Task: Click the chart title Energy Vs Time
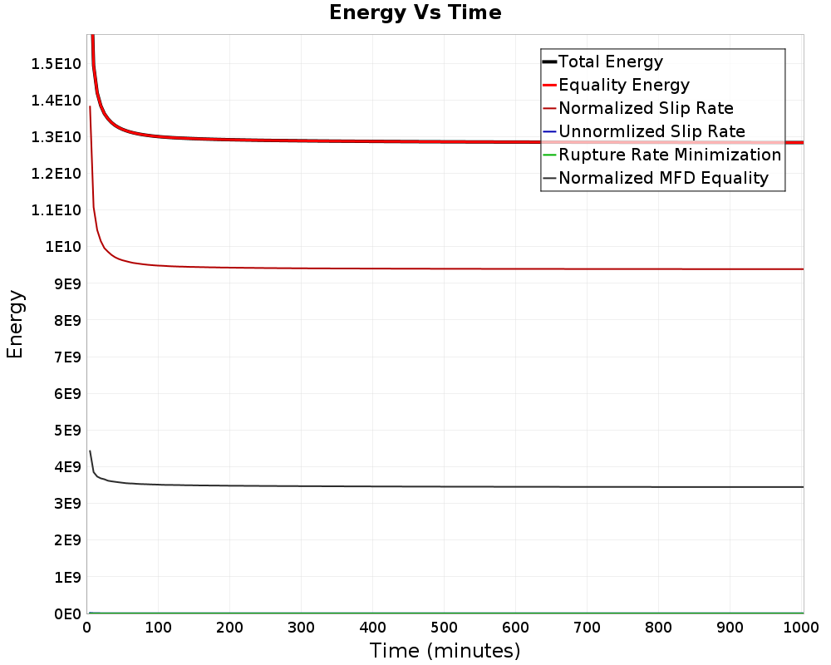pos(415,12)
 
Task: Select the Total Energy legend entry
pos(611,62)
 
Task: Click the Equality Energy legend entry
pos(623,85)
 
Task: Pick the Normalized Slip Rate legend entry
pos(646,108)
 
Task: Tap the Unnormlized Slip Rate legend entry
pos(652,131)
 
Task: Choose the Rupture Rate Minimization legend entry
pos(670,155)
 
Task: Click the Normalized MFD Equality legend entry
pos(663,178)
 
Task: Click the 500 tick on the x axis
pos(445,629)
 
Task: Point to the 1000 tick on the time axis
pos(802,629)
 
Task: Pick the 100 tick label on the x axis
pos(158,629)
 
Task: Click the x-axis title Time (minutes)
pos(445,650)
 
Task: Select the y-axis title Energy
pos(15,324)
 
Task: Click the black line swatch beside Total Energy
pos(549,62)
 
